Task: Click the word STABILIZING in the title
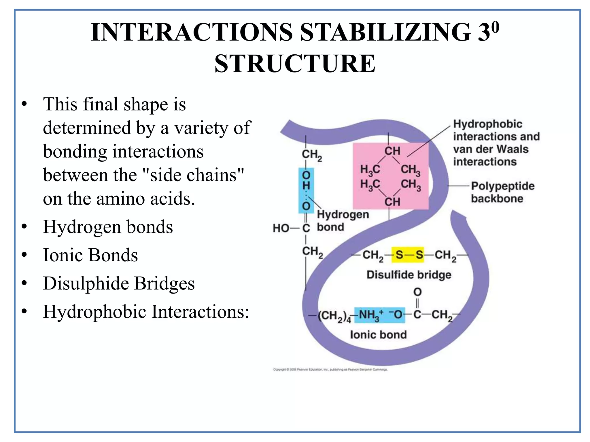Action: tap(385, 32)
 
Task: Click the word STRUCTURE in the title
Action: tap(295, 64)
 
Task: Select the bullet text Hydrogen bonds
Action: tap(108, 227)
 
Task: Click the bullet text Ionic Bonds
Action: tap(90, 255)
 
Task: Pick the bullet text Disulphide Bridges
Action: tap(119, 283)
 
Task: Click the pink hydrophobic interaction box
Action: tap(391, 176)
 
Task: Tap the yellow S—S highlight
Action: tap(408, 255)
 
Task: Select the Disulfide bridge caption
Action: tap(409, 275)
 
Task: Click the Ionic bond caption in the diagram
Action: tap(378, 335)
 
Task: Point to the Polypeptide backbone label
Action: tap(502, 192)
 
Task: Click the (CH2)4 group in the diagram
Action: tap(334, 316)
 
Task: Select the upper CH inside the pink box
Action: tap(392, 151)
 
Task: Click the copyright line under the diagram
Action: tap(330, 369)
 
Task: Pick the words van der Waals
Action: tap(490, 149)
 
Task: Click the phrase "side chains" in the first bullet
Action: tap(197, 175)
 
